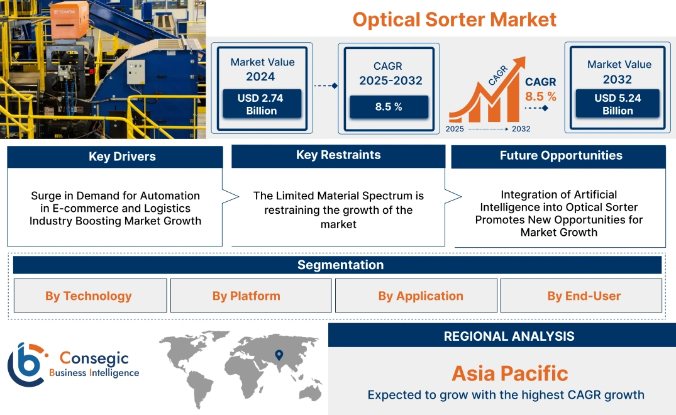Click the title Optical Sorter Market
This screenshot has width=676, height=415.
pos(454,19)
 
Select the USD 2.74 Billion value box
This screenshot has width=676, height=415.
pos(261,104)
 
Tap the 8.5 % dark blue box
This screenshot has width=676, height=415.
pos(389,107)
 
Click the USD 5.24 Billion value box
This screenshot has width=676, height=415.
pos(618,104)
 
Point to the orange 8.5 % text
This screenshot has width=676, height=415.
pos(541,96)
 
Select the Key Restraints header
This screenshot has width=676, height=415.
pos(338,155)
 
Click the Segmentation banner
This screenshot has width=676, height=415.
pos(340,265)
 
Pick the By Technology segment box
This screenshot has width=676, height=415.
pos(89,296)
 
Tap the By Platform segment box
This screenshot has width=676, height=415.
pos(246,296)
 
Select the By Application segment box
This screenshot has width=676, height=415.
pos(420,296)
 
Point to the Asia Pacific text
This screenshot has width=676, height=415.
pos(509,373)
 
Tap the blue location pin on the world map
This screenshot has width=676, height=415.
pos(279,357)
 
